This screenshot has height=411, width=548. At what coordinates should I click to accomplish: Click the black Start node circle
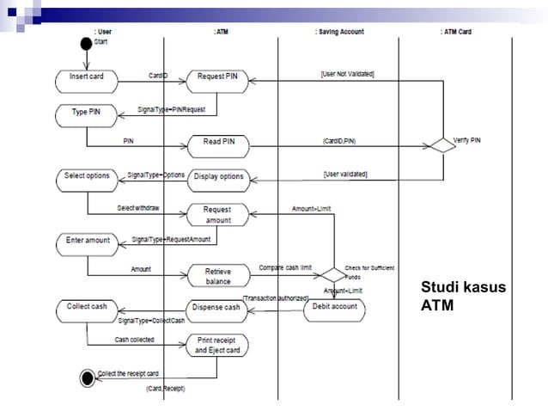[x=86, y=43]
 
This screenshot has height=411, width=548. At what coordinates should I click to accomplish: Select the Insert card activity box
[x=86, y=77]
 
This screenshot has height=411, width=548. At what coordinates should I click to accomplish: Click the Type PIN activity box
[x=86, y=113]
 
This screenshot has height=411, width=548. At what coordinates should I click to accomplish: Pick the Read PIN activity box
[x=218, y=143]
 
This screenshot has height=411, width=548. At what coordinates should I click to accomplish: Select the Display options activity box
[x=218, y=178]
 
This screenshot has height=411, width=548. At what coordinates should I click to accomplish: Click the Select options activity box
[x=87, y=176]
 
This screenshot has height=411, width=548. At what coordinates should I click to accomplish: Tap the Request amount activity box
[x=217, y=214]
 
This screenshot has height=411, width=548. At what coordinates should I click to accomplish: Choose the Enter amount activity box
[x=88, y=241]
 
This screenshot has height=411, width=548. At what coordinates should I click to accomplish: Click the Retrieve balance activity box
[x=217, y=276]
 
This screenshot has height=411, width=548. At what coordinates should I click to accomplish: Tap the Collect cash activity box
[x=88, y=307]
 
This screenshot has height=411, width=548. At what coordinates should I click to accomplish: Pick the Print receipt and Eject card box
[x=217, y=345]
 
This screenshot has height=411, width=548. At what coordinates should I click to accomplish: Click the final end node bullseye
[x=87, y=376]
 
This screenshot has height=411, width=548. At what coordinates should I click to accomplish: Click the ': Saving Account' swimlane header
[x=339, y=32]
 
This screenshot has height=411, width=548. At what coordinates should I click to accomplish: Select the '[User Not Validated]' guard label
[x=342, y=75]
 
